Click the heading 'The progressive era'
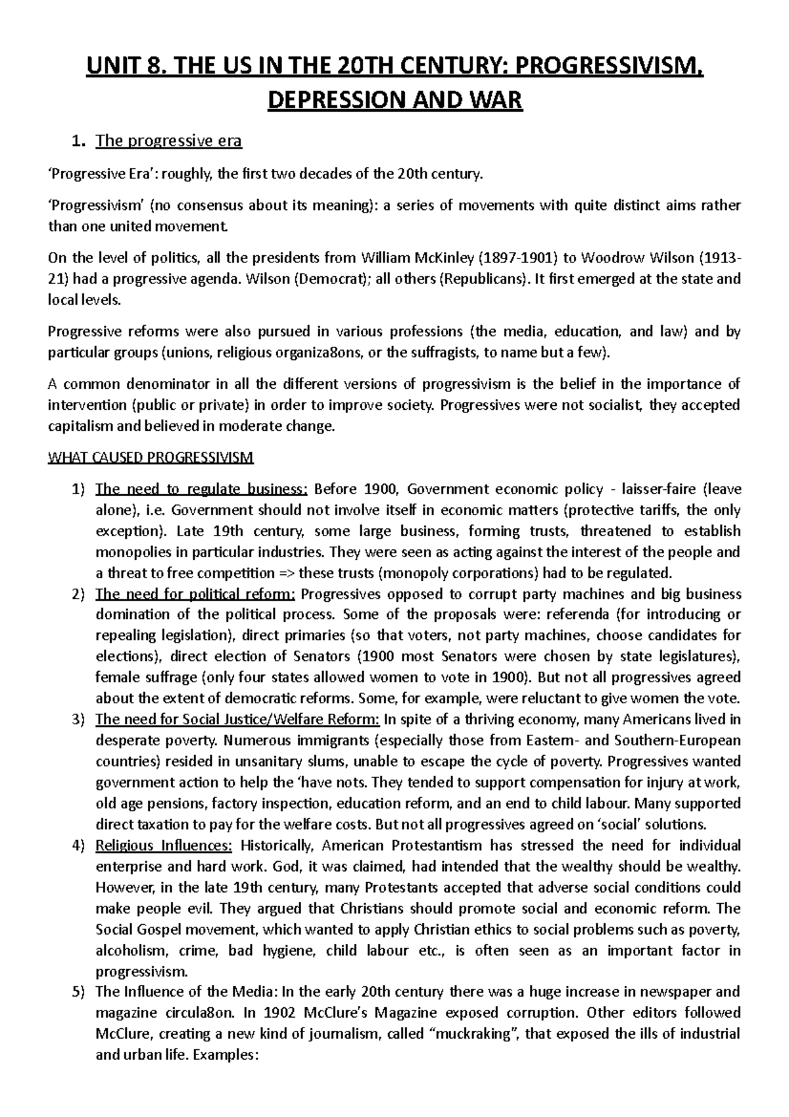pos(168,141)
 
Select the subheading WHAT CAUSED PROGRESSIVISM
pos(151,458)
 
